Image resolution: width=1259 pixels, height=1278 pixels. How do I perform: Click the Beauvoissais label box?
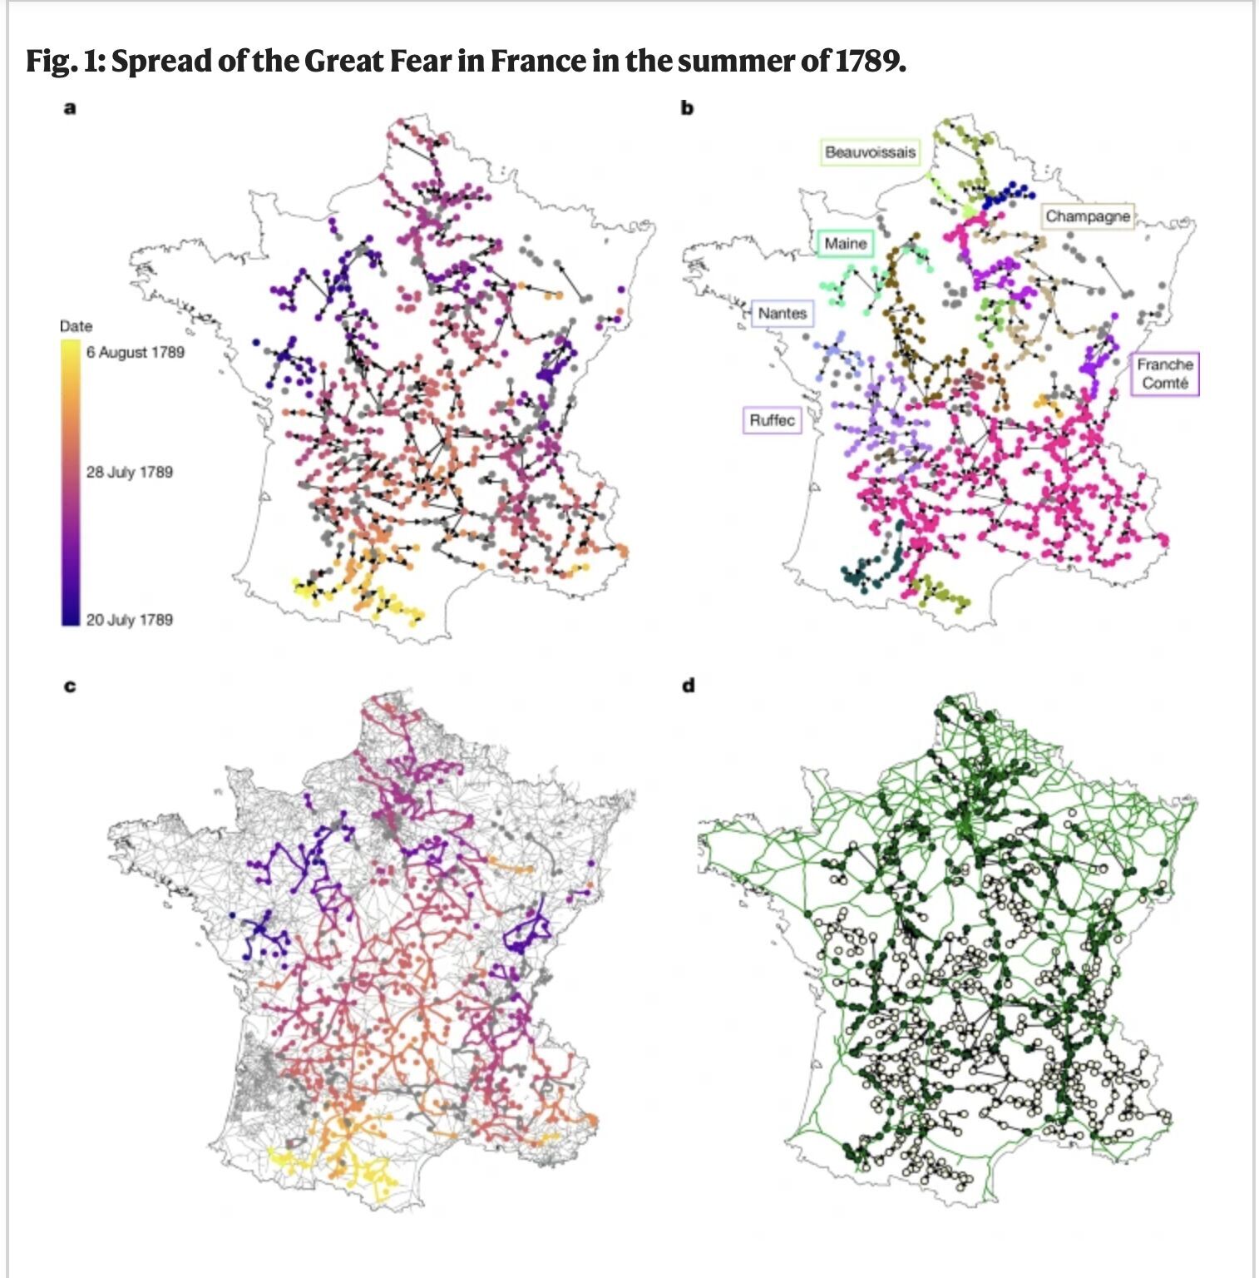(x=870, y=152)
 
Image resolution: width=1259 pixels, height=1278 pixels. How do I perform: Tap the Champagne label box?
(x=1088, y=216)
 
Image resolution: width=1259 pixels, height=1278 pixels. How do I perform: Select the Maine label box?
(x=845, y=244)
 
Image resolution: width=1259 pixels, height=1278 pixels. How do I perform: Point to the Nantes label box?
(x=782, y=313)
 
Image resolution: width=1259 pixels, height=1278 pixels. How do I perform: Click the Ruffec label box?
(x=772, y=420)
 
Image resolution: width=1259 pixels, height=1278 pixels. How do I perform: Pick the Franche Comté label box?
(x=1164, y=374)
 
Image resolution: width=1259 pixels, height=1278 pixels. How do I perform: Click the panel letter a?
(x=70, y=107)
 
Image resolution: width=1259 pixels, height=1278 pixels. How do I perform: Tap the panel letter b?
(x=687, y=107)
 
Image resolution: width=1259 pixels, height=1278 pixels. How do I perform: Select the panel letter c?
(x=70, y=686)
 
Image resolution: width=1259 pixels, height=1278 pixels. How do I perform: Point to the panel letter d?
(x=688, y=686)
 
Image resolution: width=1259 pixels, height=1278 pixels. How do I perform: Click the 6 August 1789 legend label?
(x=135, y=352)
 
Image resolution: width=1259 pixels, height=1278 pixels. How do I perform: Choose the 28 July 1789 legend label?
(x=129, y=472)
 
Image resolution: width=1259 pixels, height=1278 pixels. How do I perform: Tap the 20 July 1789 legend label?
(x=129, y=619)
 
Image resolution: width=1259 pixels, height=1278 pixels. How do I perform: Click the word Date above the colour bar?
(x=76, y=325)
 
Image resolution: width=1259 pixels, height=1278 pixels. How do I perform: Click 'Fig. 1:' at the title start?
(x=64, y=61)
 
